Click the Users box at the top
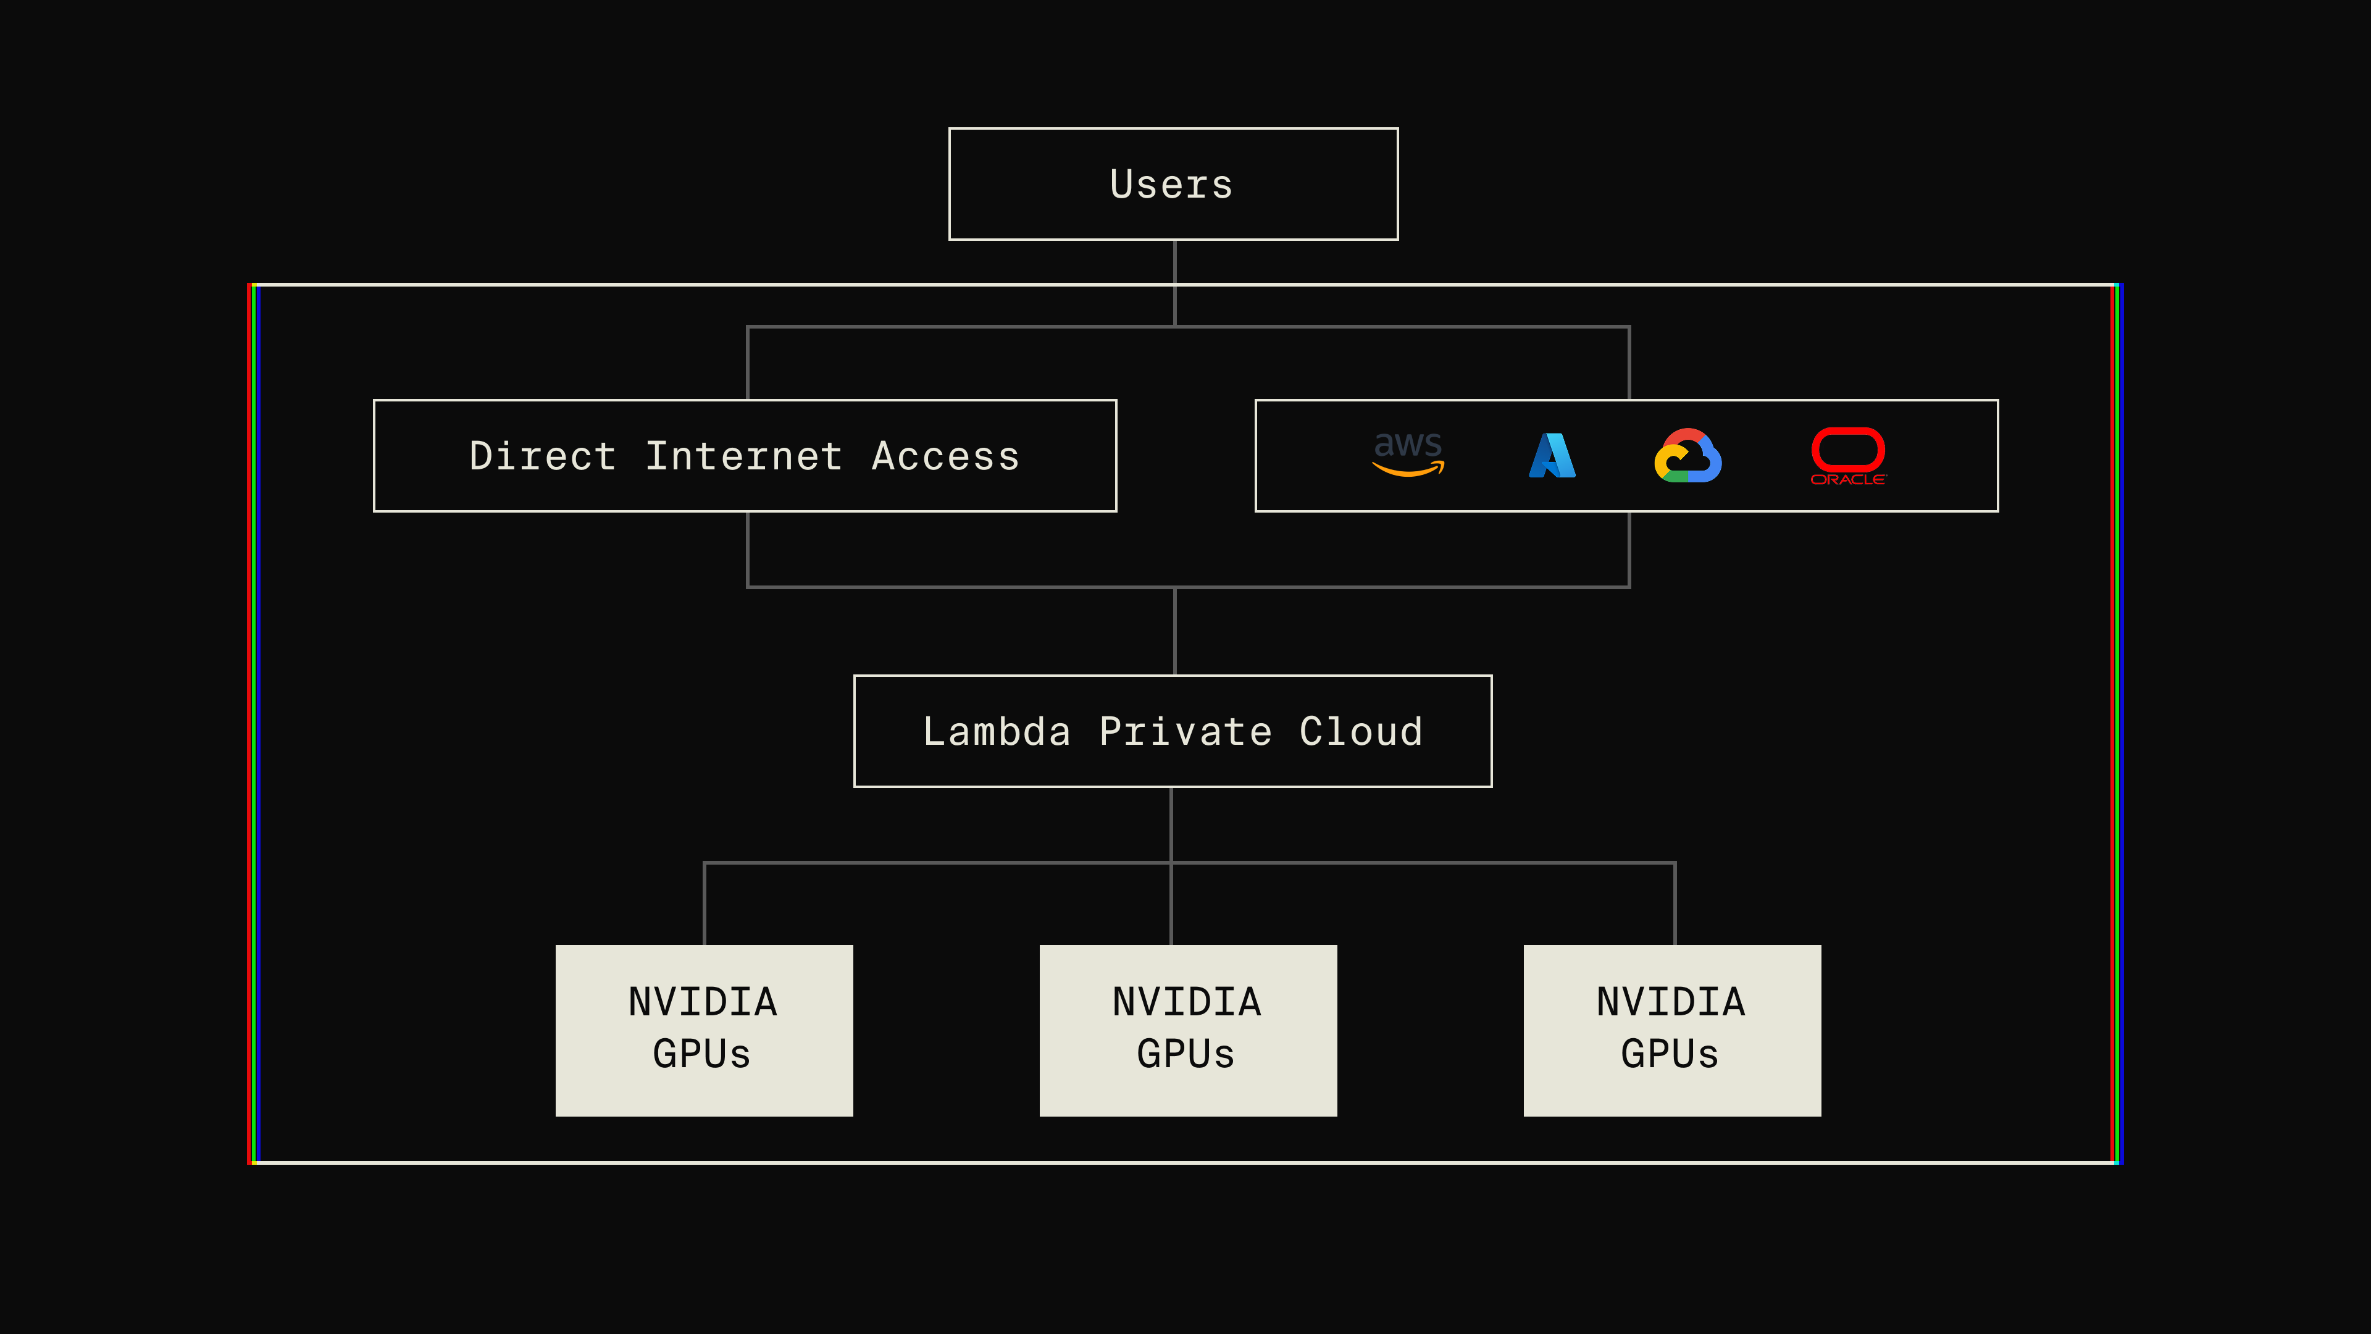[x=1173, y=184]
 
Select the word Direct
[x=542, y=456]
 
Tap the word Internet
[x=743, y=456]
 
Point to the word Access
[x=945, y=456]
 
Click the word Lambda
[x=997, y=732]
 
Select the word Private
[x=1185, y=732]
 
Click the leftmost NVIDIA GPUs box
[x=704, y=1030]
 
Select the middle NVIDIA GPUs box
[x=1187, y=1030]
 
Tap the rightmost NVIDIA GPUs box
[x=1671, y=1030]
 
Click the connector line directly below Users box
[x=1174, y=262]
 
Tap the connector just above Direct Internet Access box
[x=747, y=364]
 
